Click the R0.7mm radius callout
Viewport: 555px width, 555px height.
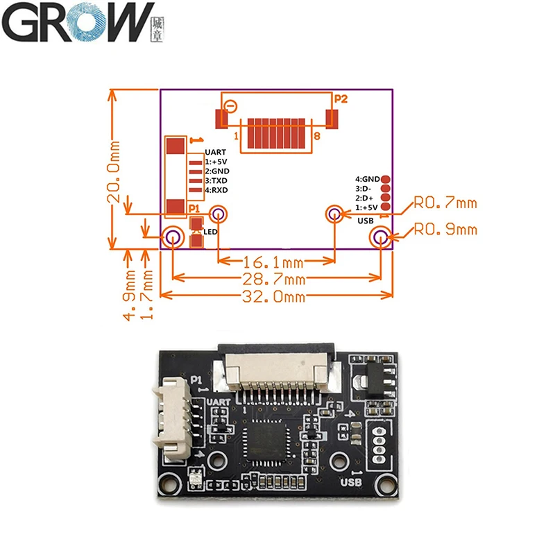click(445, 203)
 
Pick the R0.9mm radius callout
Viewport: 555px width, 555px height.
click(445, 229)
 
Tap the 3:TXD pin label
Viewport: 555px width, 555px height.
click(216, 180)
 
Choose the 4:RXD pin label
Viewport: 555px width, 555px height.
click(216, 190)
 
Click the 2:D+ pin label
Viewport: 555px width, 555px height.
click(366, 198)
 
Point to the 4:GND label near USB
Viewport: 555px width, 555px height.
click(367, 179)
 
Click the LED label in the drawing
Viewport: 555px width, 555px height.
click(210, 231)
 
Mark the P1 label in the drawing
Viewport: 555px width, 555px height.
click(194, 207)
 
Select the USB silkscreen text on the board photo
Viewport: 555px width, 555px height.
click(351, 482)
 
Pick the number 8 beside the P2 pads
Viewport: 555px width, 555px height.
click(317, 137)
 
